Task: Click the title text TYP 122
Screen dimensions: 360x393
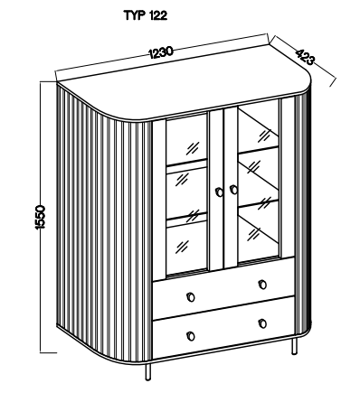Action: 146,15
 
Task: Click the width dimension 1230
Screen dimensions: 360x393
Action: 161,51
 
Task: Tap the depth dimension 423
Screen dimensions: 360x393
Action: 304,57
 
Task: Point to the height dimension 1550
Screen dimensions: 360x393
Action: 40,217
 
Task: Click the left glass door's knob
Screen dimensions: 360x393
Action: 219,192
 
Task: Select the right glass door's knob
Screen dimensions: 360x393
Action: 233,190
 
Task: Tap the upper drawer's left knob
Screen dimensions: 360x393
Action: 191,297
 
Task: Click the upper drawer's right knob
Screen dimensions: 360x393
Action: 262,285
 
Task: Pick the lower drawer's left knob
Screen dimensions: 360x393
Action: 191,336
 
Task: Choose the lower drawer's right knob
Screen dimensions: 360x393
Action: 262,323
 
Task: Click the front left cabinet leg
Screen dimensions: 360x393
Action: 147,372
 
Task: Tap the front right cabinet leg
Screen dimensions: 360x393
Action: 293,346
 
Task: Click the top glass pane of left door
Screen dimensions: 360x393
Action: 186,139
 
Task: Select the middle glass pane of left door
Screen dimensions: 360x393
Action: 186,192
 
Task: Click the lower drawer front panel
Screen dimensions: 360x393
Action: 223,327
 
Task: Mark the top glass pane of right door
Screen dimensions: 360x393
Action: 258,126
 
